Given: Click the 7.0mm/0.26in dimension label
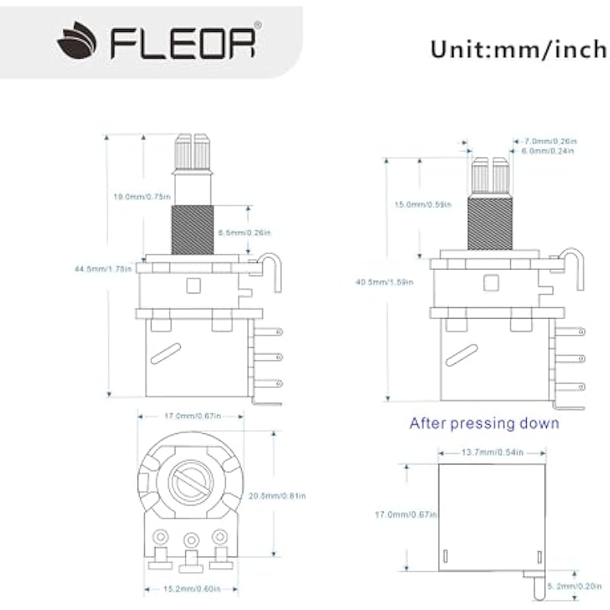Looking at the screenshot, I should tap(550, 141).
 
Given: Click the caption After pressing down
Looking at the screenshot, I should tap(484, 423).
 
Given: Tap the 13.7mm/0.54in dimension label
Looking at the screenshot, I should tap(493, 453).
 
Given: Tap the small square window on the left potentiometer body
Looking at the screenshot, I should tap(192, 286).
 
